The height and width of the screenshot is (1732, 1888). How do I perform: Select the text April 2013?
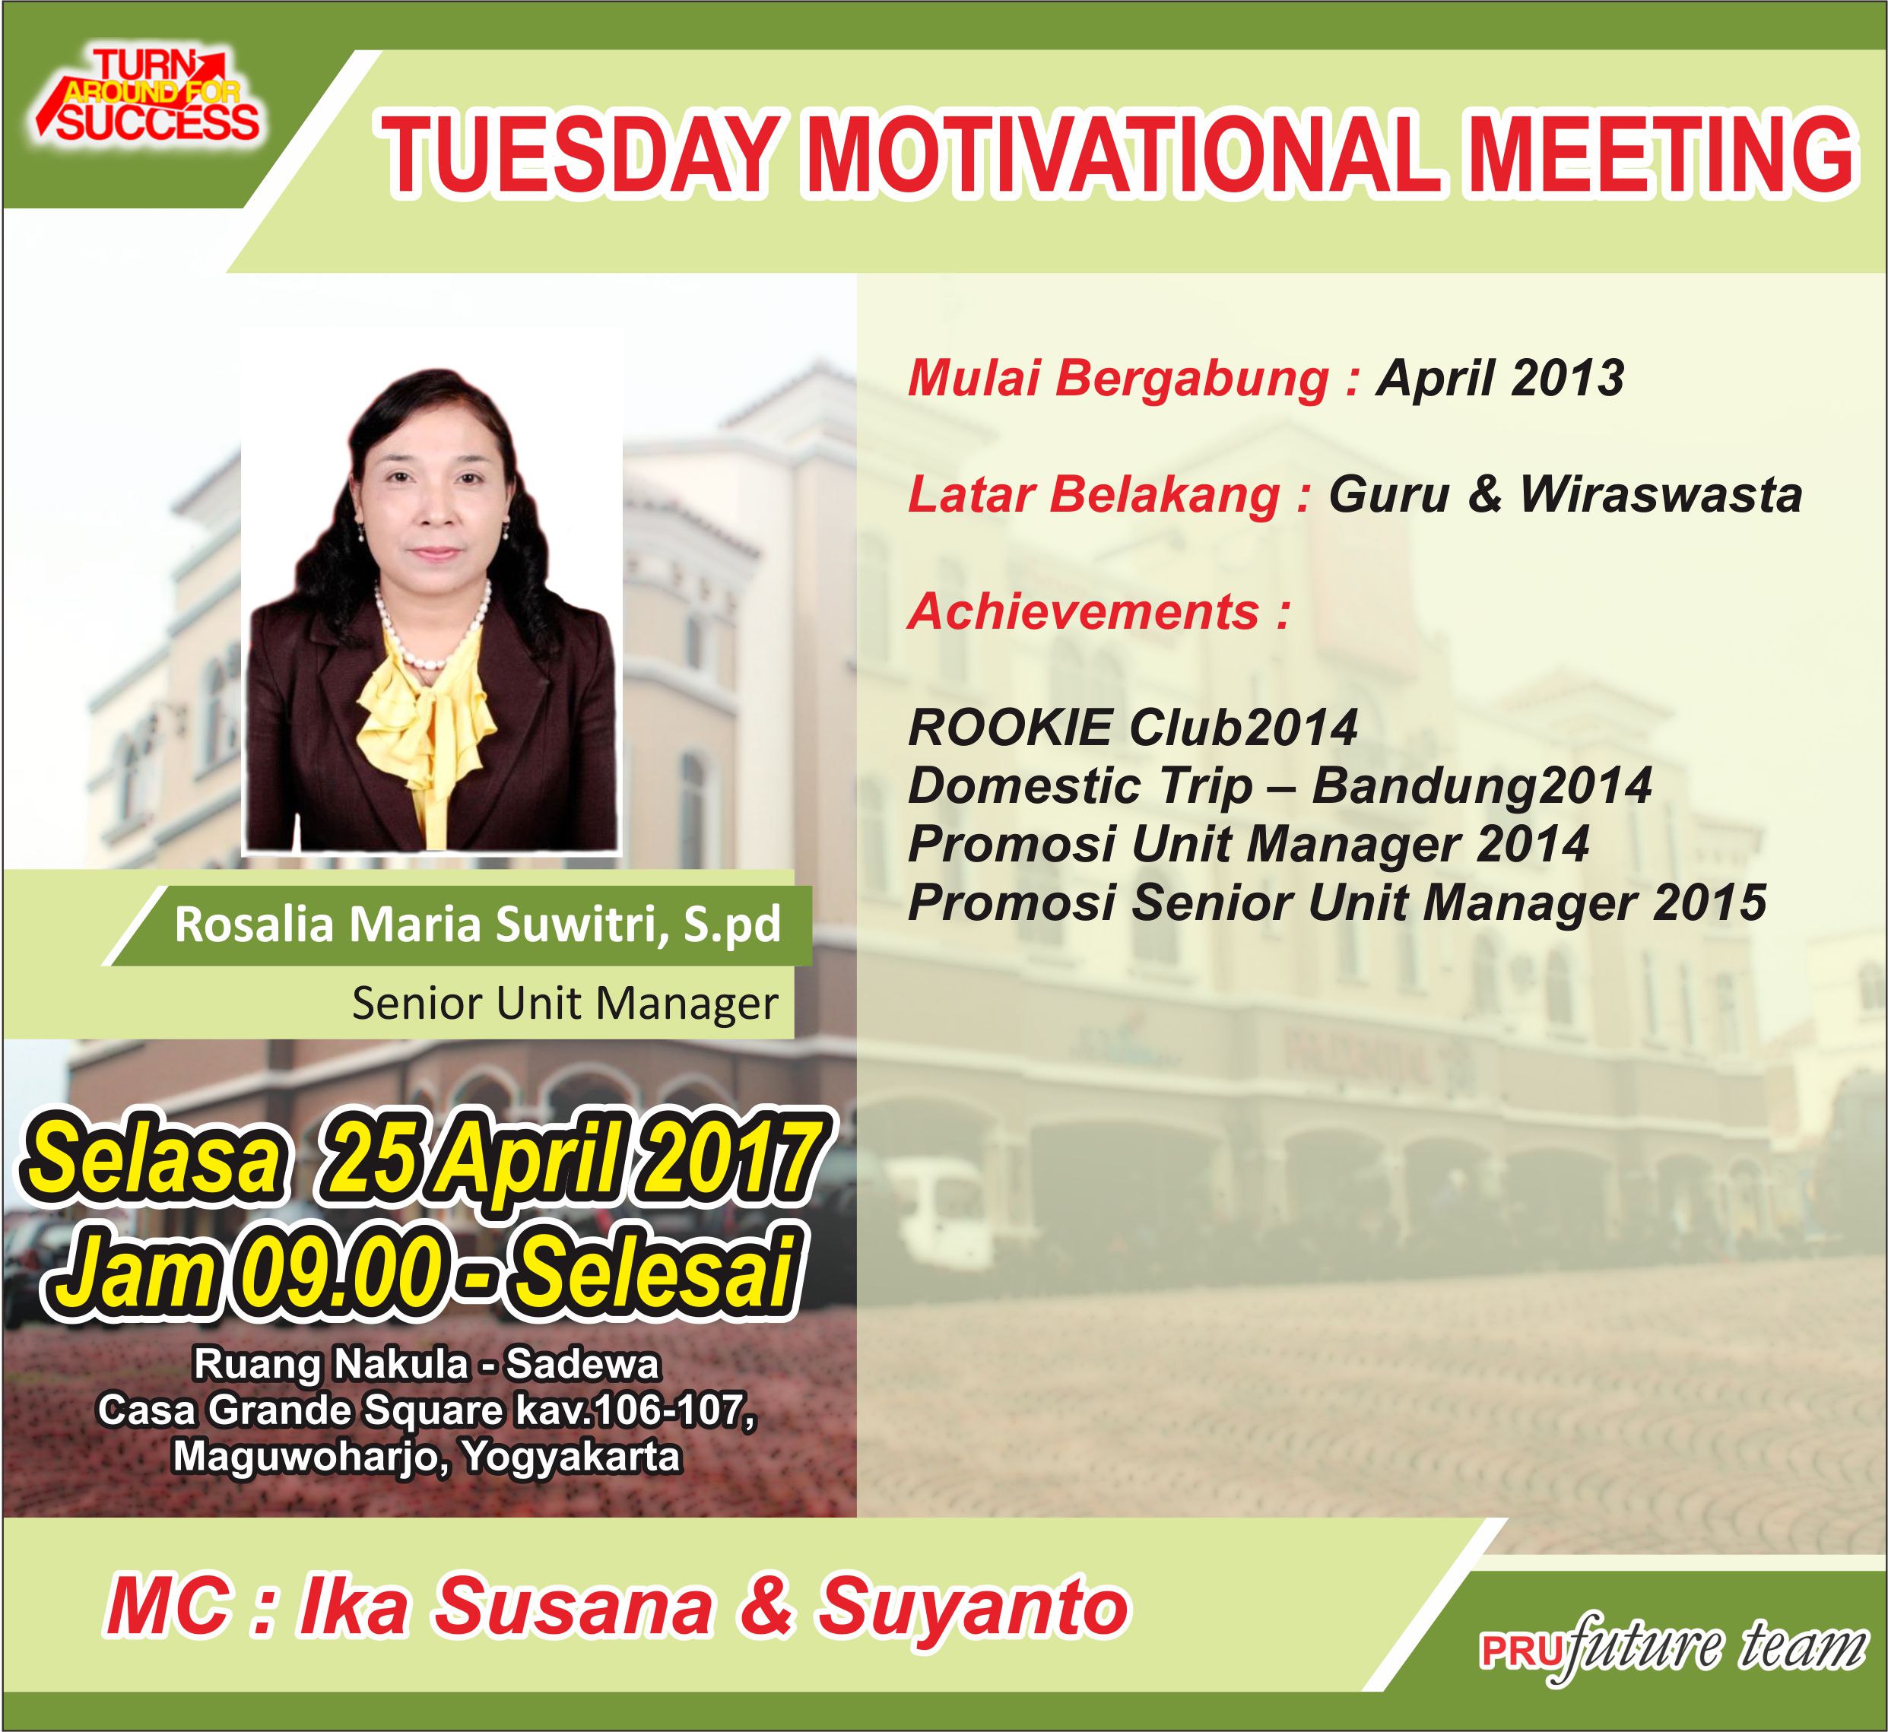pyautogui.click(x=1500, y=379)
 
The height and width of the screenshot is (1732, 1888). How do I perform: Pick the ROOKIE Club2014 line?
pyautogui.click(x=1132, y=728)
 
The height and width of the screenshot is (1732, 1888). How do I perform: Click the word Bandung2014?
pyautogui.click(x=1481, y=785)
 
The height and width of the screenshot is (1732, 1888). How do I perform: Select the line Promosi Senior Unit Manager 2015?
pyautogui.click(x=1337, y=902)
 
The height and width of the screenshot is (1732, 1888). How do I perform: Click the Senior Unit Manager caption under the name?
pyautogui.click(x=564, y=1004)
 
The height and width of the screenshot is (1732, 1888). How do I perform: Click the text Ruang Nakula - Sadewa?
pyautogui.click(x=427, y=1365)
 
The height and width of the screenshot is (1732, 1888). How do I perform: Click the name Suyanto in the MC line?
pyautogui.click(x=974, y=1608)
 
